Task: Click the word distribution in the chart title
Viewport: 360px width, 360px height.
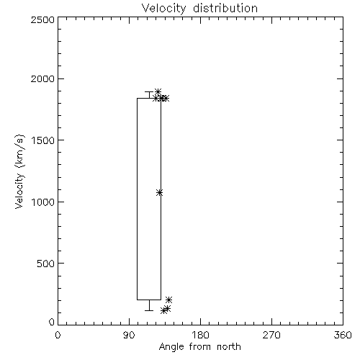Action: (225, 9)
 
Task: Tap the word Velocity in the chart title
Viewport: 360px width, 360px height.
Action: (164, 9)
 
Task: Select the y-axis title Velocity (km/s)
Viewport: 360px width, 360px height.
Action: (19, 171)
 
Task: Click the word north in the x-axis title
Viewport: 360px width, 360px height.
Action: (229, 346)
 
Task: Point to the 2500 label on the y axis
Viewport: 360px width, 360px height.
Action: (42, 19)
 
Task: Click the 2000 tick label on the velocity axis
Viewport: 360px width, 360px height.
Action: (42, 78)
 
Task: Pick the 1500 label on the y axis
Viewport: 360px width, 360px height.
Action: (42, 140)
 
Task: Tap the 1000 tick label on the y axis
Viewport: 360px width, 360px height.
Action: (42, 202)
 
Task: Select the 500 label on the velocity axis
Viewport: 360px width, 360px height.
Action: (46, 264)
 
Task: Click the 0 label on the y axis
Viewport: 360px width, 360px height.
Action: (52, 322)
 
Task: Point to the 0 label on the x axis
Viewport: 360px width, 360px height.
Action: (58, 335)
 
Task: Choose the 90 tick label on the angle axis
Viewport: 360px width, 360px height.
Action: (129, 335)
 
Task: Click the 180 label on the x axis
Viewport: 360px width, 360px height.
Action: (200, 335)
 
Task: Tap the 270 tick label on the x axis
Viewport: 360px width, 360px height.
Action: (271, 335)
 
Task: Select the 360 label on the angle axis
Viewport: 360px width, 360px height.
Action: (343, 335)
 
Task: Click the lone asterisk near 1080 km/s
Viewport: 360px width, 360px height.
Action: (159, 193)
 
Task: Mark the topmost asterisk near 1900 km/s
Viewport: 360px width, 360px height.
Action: (158, 91)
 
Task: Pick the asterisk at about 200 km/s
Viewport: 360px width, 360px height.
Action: (168, 300)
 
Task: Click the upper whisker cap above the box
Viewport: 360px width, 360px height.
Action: (149, 91)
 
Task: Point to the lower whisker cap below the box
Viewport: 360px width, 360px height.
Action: (149, 310)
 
